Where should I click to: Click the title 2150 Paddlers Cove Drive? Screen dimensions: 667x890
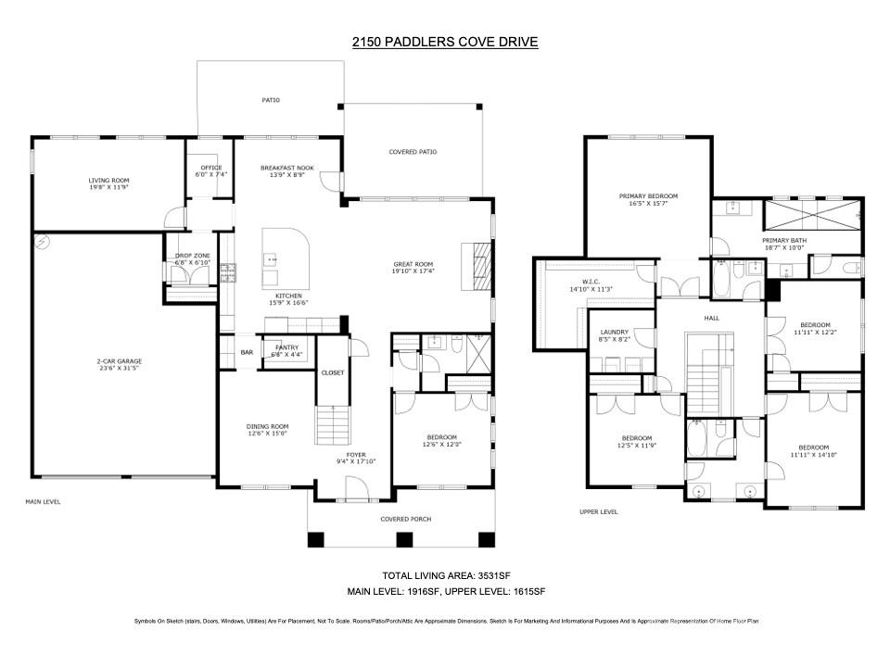tap(445, 42)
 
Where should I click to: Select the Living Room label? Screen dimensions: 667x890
tap(108, 181)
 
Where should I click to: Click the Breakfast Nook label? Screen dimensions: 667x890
tap(286, 168)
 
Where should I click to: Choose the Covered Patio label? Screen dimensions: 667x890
tap(413, 152)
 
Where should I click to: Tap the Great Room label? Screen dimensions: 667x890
tap(413, 264)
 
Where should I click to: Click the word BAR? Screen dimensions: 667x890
tap(247, 352)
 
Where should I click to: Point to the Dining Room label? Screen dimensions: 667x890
tap(267, 426)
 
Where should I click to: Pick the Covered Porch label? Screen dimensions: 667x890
tap(405, 519)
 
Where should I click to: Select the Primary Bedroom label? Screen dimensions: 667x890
tap(649, 195)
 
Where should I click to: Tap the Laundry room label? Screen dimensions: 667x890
tap(614, 332)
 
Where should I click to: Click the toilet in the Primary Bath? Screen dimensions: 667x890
tap(851, 268)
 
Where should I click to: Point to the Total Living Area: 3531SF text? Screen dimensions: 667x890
tap(445, 575)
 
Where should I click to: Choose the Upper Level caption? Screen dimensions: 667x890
tap(598, 511)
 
